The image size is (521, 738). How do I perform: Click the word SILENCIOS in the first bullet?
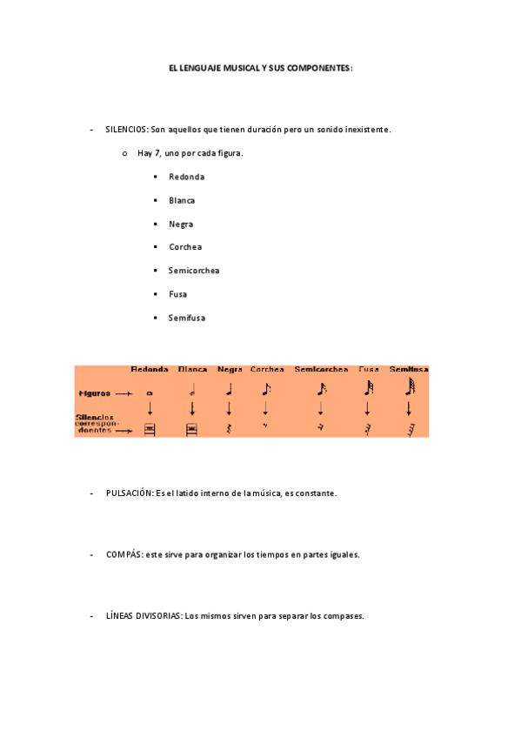point(126,130)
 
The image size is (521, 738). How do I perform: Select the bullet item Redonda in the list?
point(186,177)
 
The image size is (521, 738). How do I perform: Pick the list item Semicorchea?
point(194,271)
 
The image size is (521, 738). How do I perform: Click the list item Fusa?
point(177,294)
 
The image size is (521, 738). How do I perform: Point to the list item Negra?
point(181,224)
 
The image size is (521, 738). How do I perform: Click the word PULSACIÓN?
point(129,493)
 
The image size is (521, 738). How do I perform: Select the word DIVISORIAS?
point(157,616)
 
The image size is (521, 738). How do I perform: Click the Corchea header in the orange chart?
point(267,369)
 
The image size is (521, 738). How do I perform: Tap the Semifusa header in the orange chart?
point(409,369)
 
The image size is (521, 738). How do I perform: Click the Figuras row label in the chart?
point(95,393)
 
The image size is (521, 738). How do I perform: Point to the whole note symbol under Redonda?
point(150,393)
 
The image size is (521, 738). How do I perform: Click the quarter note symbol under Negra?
point(229,389)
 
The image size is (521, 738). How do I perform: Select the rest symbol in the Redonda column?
point(150,428)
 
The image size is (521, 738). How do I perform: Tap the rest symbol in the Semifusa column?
point(410,429)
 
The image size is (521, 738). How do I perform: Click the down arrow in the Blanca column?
point(191,408)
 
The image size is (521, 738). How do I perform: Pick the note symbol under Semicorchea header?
point(322,389)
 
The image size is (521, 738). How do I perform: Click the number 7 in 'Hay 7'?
point(157,153)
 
